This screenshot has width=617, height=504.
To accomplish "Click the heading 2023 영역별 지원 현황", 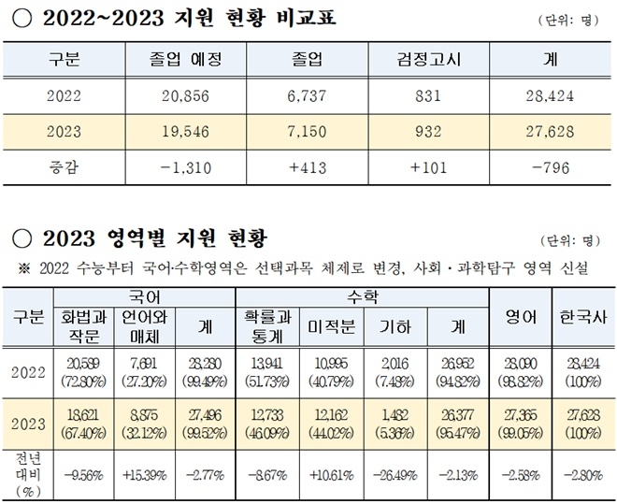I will click(x=151, y=235).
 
